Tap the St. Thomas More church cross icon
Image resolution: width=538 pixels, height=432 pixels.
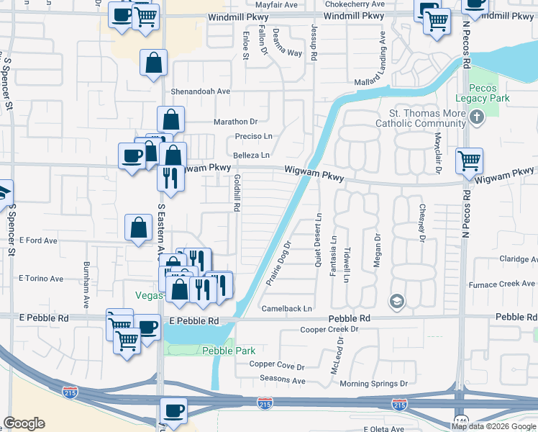point(475,117)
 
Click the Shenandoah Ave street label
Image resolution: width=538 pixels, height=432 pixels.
point(200,91)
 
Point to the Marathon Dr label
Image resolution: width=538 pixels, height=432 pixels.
point(234,122)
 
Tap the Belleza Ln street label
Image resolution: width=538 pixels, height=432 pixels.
point(251,155)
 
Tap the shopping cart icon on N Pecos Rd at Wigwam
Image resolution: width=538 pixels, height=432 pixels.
point(469,161)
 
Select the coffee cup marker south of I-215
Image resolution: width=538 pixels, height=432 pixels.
point(173,411)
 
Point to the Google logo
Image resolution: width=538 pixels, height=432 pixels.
point(24,423)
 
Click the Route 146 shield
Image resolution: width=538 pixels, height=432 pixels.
point(460,418)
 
